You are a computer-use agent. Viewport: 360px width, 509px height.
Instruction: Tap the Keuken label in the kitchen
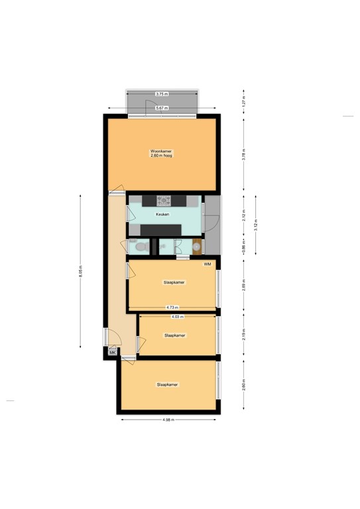[162, 215]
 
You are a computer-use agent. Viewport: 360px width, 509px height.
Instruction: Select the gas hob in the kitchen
[164, 200]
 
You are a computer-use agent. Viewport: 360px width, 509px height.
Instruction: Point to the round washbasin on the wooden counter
[197, 247]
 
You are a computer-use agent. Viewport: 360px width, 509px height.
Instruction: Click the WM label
[208, 264]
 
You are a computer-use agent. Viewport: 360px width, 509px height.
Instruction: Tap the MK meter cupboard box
[112, 353]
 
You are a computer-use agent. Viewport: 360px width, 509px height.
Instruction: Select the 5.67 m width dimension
[162, 108]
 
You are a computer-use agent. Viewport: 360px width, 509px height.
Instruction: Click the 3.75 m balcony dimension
[161, 94]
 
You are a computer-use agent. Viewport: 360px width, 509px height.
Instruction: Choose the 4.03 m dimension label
[177, 317]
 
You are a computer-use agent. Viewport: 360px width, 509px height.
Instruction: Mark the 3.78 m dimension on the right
[244, 154]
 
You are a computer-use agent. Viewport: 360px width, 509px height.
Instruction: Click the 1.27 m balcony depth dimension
[244, 103]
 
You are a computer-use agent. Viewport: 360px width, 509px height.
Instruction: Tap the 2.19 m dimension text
[244, 335]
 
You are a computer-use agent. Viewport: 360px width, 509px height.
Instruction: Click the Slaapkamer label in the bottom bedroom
[168, 384]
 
